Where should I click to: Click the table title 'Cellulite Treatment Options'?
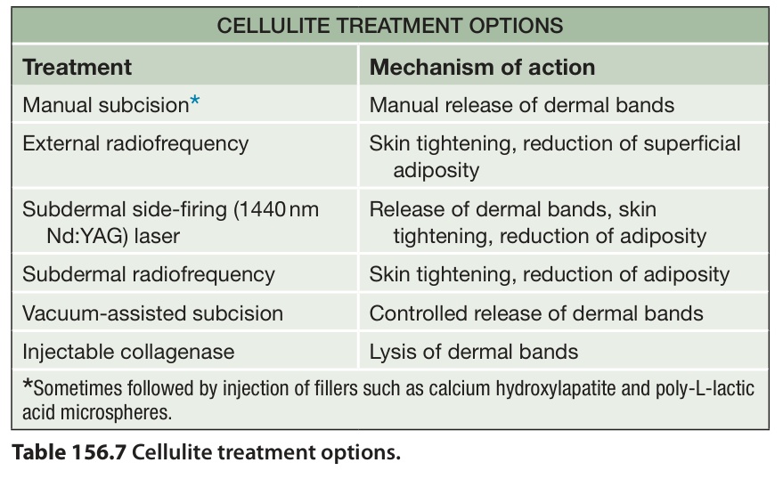pos(390,26)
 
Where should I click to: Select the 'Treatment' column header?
pos(77,67)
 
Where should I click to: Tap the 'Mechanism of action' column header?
pos(483,67)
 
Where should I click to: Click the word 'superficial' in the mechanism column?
pos(691,143)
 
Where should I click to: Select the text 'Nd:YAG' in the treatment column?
pos(85,236)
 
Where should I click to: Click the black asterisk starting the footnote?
pos(28,385)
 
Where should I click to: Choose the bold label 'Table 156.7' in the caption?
pos(69,452)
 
